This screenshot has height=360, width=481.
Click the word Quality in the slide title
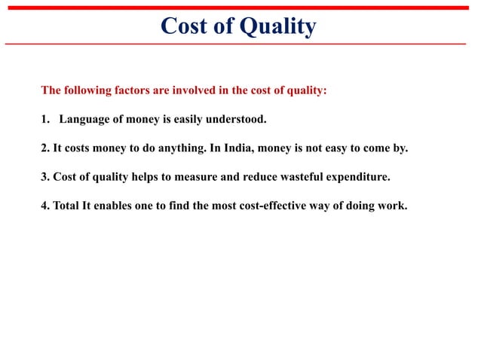coord(277,26)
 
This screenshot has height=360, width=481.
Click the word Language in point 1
coord(84,119)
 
